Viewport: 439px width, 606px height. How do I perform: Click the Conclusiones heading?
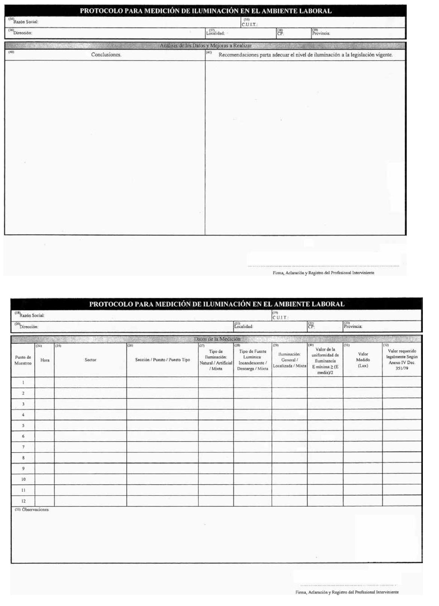coord(106,55)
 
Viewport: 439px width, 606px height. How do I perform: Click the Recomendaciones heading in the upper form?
coord(305,55)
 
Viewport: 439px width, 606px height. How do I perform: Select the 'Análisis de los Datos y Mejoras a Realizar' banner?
coord(205,46)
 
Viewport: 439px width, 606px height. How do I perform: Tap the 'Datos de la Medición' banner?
coord(217,339)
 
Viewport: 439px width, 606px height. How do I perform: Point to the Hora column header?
coord(45,360)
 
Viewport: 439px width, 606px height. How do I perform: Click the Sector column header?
coord(91,360)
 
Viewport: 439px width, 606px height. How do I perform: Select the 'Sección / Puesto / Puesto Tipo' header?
coord(163,360)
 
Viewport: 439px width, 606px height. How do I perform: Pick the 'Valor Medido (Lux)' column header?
coord(363,360)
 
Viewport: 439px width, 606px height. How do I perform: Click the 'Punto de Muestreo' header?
coord(23,360)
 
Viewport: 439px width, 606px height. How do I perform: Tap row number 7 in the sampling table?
coord(23,447)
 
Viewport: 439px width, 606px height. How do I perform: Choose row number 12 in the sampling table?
coord(23,501)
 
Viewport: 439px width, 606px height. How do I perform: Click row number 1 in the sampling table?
coord(23,382)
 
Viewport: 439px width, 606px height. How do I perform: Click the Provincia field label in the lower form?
coord(353,326)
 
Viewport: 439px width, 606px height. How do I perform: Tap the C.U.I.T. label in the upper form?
coord(249,25)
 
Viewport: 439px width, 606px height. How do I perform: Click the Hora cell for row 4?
coord(45,415)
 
